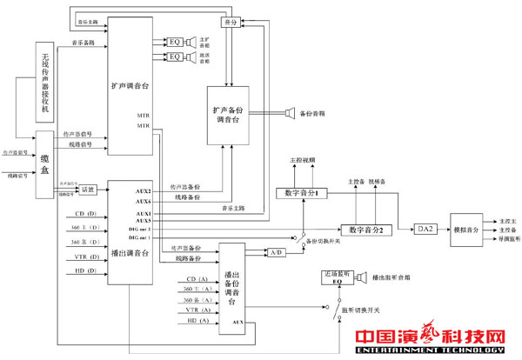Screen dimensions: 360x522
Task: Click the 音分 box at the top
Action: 229,21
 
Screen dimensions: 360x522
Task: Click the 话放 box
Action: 87,190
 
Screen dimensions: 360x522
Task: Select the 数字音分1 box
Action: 300,192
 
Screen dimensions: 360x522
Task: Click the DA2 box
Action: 424,228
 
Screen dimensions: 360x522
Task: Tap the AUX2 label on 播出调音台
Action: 144,190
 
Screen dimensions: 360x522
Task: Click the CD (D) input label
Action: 85,213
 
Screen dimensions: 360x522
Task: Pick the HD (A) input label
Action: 198,321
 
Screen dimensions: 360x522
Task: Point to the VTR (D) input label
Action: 85,257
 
